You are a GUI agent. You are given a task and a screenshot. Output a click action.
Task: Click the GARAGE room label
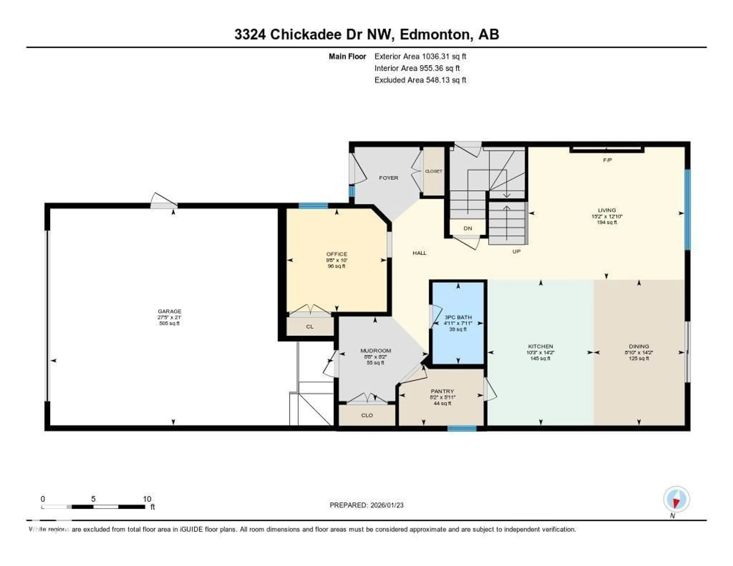tap(170, 311)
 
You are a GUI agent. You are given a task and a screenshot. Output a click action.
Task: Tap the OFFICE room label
tap(337, 254)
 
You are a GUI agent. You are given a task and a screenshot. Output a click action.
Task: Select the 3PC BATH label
tap(458, 317)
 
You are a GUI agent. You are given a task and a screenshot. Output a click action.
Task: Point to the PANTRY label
tap(442, 391)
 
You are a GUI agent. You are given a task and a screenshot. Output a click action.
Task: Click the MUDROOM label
tap(375, 351)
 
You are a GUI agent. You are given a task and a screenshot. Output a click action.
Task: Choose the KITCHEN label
tap(540, 346)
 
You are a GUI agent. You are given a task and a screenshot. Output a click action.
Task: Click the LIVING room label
tap(607, 210)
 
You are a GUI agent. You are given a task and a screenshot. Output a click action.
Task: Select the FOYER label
tap(389, 178)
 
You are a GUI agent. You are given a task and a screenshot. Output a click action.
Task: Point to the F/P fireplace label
tap(607, 160)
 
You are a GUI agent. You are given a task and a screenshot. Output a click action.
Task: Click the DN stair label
tap(468, 228)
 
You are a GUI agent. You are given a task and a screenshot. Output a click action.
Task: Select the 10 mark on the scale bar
tap(147, 499)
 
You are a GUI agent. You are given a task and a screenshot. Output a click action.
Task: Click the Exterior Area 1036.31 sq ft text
tap(420, 56)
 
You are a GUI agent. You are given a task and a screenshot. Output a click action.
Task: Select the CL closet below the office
tap(309, 327)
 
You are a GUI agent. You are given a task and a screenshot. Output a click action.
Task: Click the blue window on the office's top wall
tap(313, 206)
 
